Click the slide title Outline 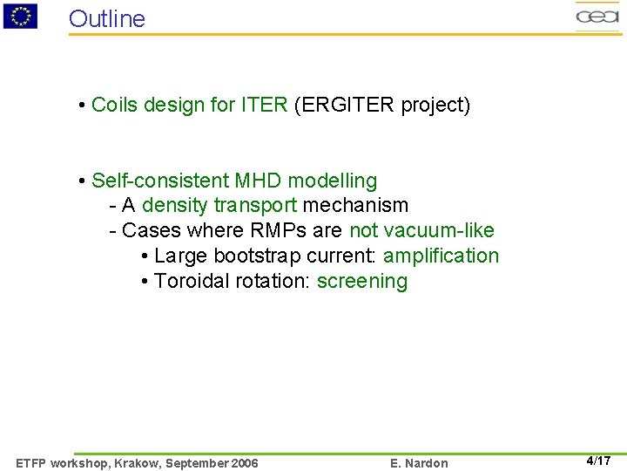coord(107,18)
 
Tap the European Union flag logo coord(20,16)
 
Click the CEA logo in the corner coord(597,16)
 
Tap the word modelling coord(333,181)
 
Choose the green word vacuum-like coord(421,231)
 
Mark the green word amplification coord(441,256)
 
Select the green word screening coord(362,282)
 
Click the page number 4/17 coord(598,461)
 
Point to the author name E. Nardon coord(419,463)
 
